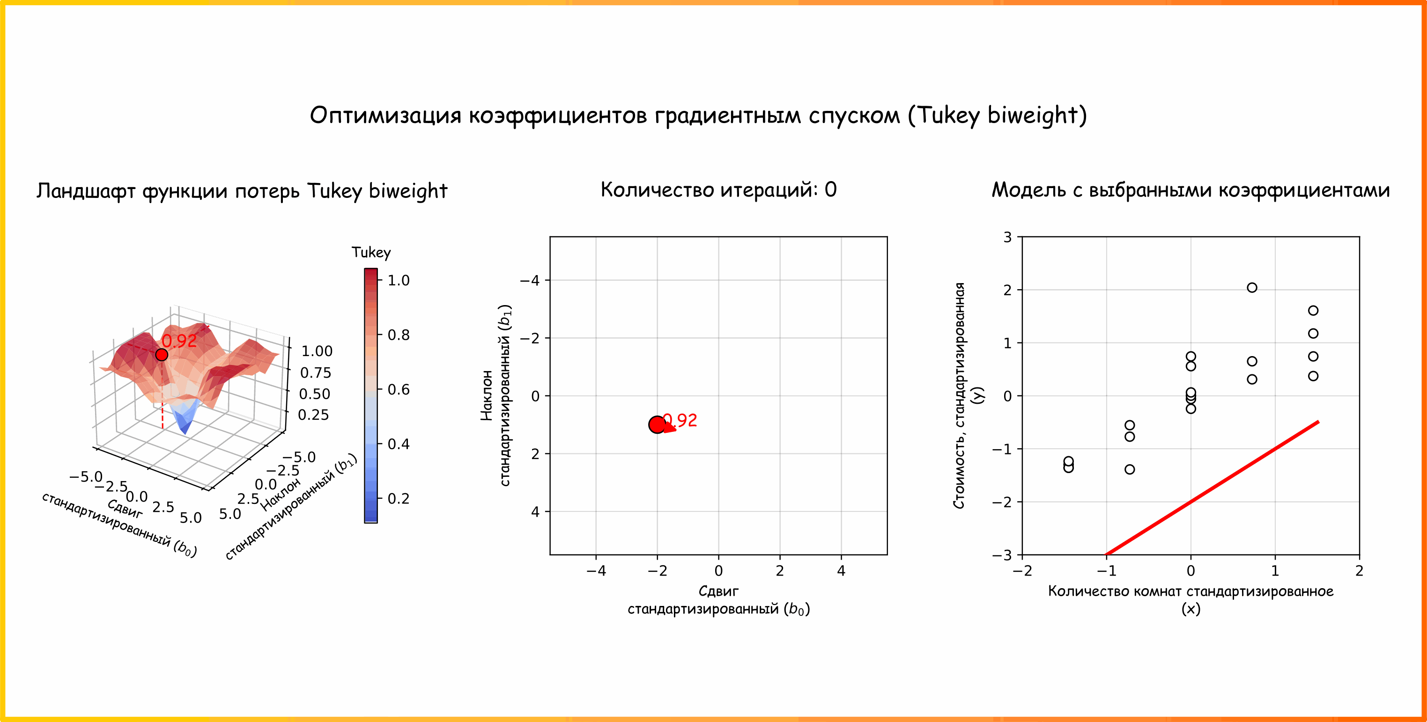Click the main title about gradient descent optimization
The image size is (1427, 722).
pyautogui.click(x=698, y=115)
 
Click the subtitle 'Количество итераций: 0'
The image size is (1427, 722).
pyautogui.click(x=718, y=190)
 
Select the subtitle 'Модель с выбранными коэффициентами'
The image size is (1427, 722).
pyautogui.click(x=1190, y=190)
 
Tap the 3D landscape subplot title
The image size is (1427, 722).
pyautogui.click(x=242, y=190)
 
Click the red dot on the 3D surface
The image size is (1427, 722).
pyautogui.click(x=161, y=354)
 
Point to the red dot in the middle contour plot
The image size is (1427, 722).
pyautogui.click(x=657, y=425)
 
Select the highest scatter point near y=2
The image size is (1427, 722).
pyautogui.click(x=1252, y=287)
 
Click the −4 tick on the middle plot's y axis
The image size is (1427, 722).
pyautogui.click(x=530, y=280)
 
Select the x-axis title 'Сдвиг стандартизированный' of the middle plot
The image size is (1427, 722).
pyautogui.click(x=718, y=600)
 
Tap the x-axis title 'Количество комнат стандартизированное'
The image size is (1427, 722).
pyautogui.click(x=1190, y=599)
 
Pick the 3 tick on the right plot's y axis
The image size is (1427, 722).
pyautogui.click(x=1007, y=237)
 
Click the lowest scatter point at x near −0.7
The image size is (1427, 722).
pyautogui.click(x=1130, y=469)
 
